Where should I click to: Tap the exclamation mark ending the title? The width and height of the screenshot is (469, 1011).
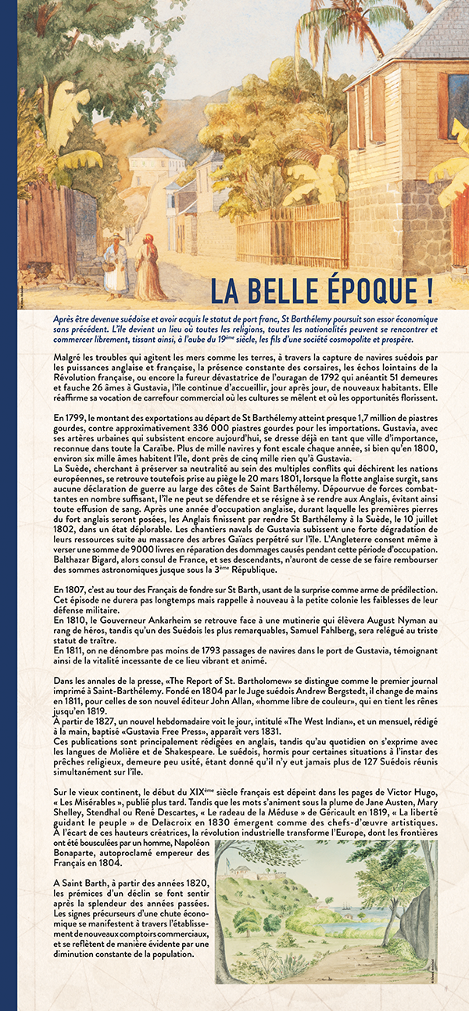pos(429,290)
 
